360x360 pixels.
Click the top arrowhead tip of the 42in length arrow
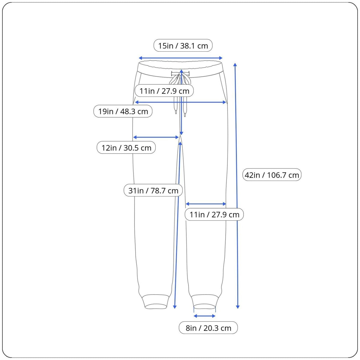235,63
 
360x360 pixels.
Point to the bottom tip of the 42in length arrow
238,308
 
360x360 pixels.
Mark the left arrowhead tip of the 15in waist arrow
139,58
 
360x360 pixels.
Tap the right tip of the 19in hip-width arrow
226,102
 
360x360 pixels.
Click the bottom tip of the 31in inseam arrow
175,308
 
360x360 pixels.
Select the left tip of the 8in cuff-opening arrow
194,316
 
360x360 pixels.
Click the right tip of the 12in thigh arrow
179,137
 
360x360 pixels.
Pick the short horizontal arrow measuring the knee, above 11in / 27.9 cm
206,204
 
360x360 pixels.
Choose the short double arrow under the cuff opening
205,316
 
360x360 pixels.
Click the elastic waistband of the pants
181,68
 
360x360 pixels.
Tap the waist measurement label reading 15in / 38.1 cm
183,45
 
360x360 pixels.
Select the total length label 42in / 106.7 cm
272,175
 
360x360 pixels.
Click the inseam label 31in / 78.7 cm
153,190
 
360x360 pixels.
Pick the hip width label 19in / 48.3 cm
123,111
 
